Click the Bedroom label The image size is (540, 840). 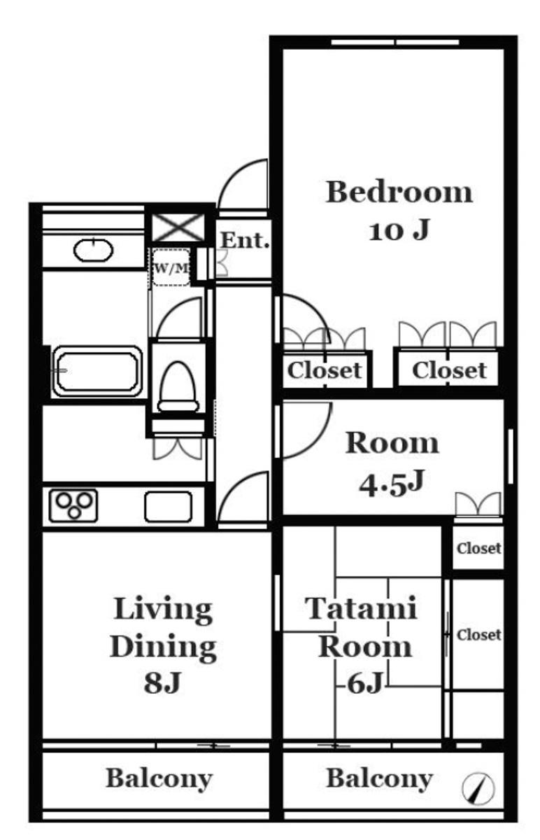[399, 192]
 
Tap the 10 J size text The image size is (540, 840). [399, 230]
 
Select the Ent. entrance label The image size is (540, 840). [245, 240]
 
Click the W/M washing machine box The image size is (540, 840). [171, 267]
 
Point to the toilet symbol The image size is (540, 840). [178, 387]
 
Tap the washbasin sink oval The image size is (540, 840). [93, 250]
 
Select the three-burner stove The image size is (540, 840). [73, 506]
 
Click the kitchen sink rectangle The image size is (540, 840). [169, 507]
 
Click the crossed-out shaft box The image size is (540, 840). [178, 227]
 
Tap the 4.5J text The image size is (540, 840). [392, 484]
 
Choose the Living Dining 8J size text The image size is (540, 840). [163, 682]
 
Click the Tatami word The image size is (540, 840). [361, 608]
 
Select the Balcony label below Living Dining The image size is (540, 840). [159, 779]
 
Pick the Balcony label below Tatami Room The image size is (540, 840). [380, 779]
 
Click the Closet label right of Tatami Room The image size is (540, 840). [478, 635]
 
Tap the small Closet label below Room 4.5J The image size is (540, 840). [478, 548]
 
